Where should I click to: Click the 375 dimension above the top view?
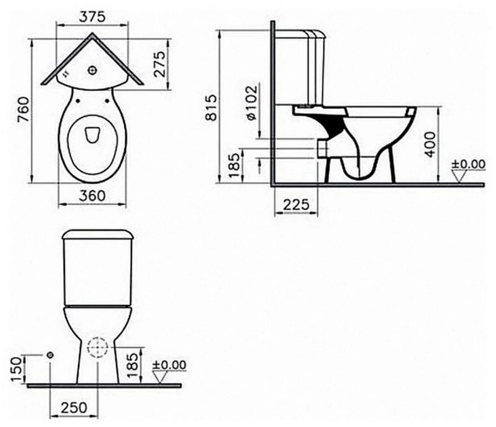(92, 17)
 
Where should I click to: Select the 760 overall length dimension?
(24, 110)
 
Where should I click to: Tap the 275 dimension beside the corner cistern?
(160, 64)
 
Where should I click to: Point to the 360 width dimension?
(92, 196)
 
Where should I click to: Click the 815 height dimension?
(211, 107)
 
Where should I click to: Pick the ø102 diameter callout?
(252, 103)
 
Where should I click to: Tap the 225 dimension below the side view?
(296, 204)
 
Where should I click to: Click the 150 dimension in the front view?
(17, 369)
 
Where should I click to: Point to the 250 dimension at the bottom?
(74, 408)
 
